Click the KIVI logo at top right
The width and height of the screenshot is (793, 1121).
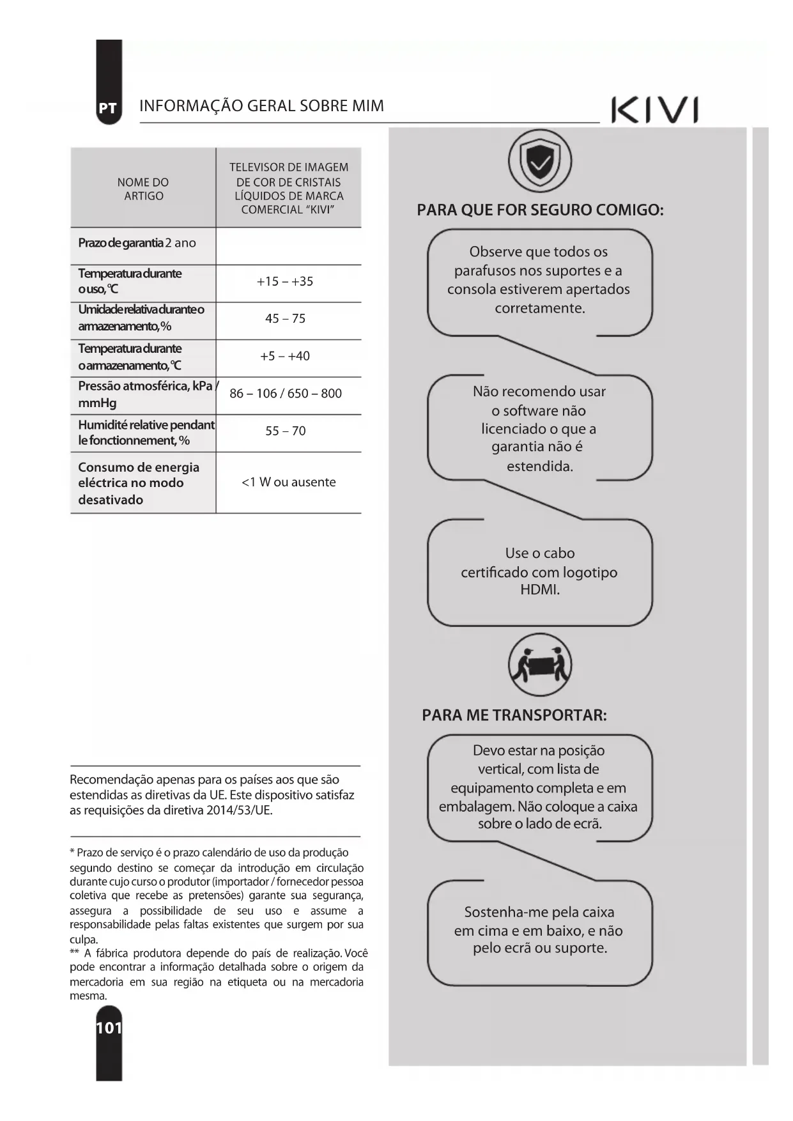[654, 110]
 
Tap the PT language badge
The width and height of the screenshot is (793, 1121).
[108, 109]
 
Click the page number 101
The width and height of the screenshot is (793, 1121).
[109, 1028]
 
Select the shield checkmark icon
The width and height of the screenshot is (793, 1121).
[540, 162]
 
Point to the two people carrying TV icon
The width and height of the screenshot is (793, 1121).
[540, 665]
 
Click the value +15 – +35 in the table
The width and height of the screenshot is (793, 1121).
[285, 282]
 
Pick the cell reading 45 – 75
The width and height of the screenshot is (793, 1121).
[285, 319]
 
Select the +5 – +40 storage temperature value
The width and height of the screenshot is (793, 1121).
[285, 356]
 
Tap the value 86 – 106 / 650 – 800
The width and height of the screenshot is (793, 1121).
[286, 394]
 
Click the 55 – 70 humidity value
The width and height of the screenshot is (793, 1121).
[285, 431]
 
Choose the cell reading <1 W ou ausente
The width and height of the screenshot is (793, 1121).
[288, 483]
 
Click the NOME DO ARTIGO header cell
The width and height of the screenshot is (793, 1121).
[143, 189]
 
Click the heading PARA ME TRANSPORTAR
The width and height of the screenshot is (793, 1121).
[514, 715]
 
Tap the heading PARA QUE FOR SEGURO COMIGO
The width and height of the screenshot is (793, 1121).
[540, 210]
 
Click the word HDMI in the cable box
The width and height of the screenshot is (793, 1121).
[540, 590]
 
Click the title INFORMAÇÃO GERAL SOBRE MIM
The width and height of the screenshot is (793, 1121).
[261, 106]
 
